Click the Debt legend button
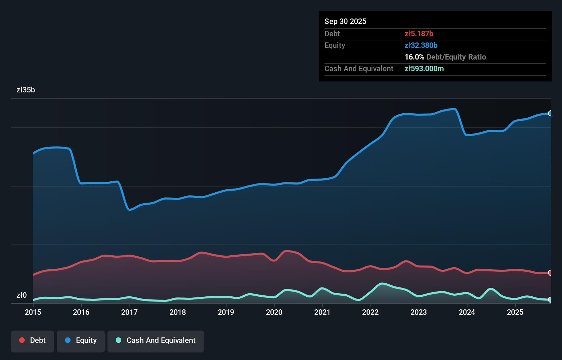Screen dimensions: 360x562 33,340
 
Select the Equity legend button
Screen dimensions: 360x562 81,340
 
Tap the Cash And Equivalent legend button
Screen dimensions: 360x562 156,340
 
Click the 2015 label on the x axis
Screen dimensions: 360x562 33,312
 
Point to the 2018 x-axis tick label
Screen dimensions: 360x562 178,312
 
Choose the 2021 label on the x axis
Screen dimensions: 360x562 322,312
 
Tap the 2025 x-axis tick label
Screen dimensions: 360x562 515,312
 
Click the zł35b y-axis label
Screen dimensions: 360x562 26,90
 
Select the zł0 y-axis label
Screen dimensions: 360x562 22,295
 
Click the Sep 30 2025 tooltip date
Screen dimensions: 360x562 345,22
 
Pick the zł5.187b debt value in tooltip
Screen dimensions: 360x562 419,34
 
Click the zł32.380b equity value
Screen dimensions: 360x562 421,46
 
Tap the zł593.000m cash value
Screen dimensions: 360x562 424,69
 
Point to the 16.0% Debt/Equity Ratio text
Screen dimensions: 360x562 445,57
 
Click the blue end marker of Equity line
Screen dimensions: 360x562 550,113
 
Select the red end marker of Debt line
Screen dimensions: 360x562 550,273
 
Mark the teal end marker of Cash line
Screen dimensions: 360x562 550,300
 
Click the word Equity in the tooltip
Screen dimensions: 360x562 335,46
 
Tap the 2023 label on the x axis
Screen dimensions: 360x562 419,312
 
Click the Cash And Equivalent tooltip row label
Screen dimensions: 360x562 359,69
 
